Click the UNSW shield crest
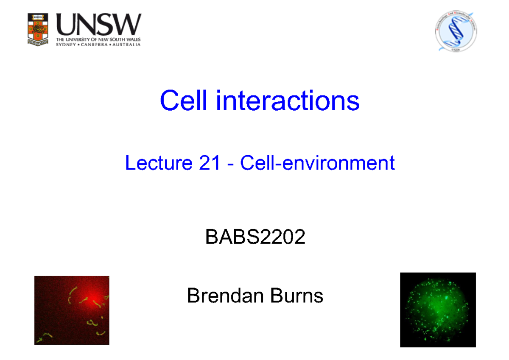click(x=38, y=29)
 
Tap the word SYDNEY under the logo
click(x=67, y=45)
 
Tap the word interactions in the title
click(x=288, y=101)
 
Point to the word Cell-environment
click(x=318, y=163)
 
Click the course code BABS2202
click(x=255, y=237)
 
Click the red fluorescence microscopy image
click(x=72, y=310)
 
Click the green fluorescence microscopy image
click(x=438, y=310)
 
